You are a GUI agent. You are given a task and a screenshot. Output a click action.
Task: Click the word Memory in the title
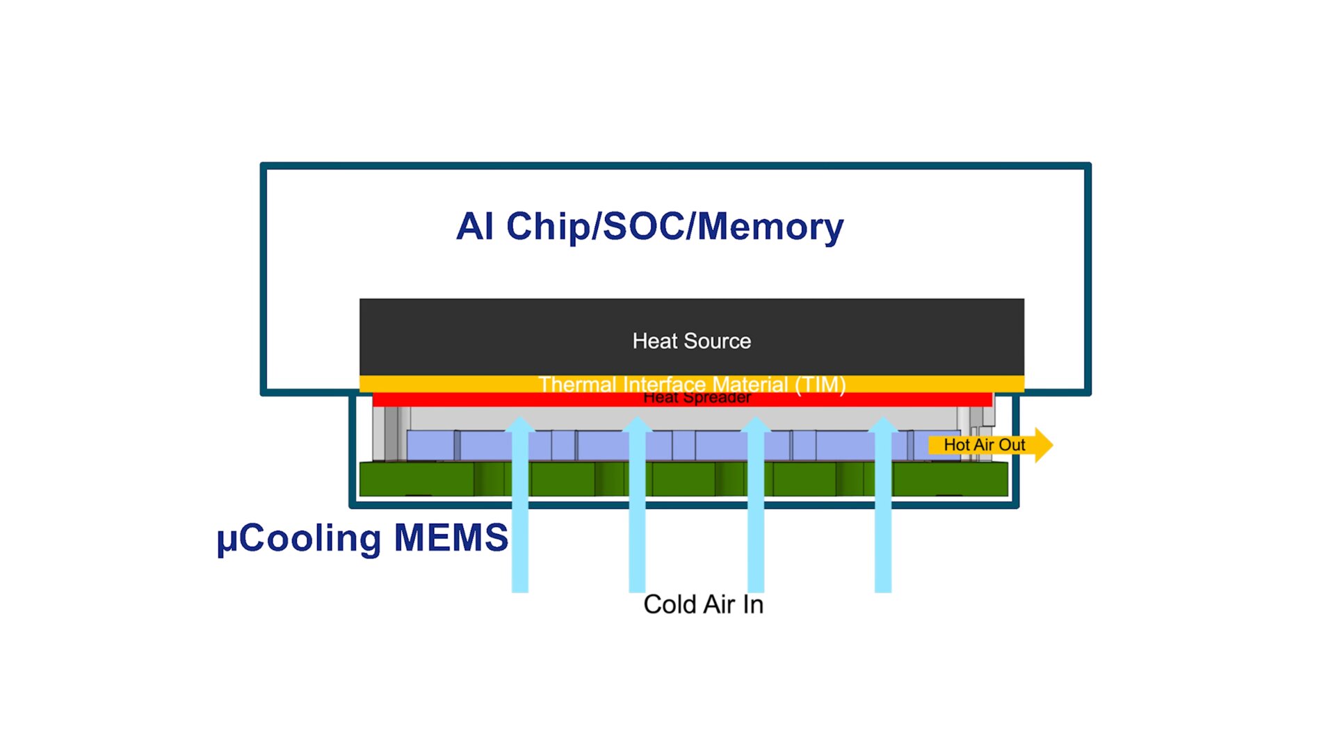[770, 227]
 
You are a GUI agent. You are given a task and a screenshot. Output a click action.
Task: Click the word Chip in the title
[547, 227]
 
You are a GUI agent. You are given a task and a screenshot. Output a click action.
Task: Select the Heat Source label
[691, 341]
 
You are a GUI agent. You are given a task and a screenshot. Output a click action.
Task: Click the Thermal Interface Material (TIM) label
[691, 384]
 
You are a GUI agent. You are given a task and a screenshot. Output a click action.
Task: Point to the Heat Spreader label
[697, 398]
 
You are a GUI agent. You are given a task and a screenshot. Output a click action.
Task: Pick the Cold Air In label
[703, 604]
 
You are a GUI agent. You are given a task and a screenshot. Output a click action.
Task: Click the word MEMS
[451, 538]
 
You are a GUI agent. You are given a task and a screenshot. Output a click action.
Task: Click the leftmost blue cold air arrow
[520, 508]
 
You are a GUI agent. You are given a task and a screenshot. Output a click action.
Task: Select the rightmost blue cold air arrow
[883, 508]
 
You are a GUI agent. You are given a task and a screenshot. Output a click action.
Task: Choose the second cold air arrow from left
[637, 508]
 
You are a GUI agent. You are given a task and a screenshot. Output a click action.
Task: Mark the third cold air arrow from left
[756, 508]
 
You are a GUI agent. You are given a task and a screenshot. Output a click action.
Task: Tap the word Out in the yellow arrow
[1012, 445]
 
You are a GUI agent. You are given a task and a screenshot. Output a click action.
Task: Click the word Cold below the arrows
[670, 604]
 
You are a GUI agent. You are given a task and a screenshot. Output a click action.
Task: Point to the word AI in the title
[475, 227]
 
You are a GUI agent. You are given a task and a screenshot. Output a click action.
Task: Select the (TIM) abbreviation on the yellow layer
[820, 384]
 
